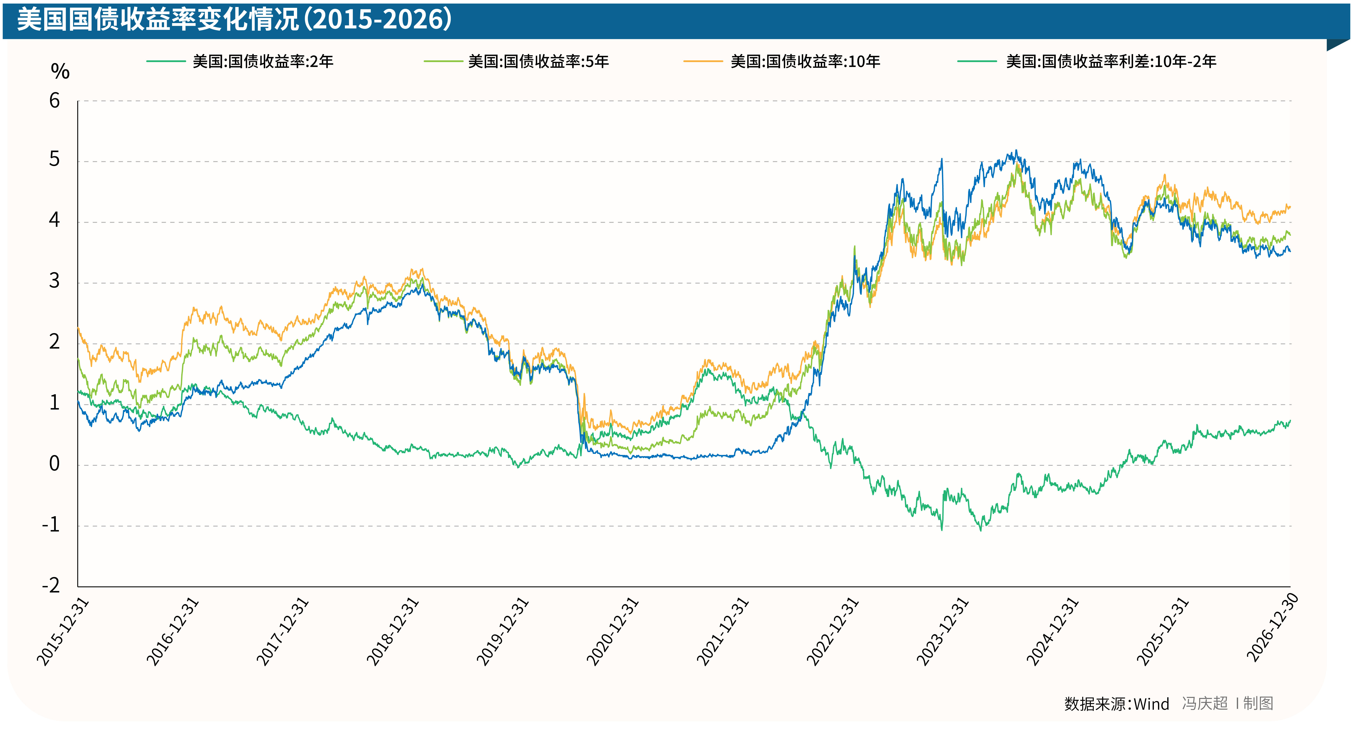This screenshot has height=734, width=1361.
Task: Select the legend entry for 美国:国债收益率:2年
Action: coord(263,62)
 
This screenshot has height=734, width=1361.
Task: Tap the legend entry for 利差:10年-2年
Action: coord(1111,62)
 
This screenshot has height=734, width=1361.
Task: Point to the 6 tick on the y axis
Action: coord(54,101)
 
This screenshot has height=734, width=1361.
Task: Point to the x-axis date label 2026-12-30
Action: coord(1272,628)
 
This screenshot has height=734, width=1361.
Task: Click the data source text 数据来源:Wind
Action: coord(1116,704)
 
